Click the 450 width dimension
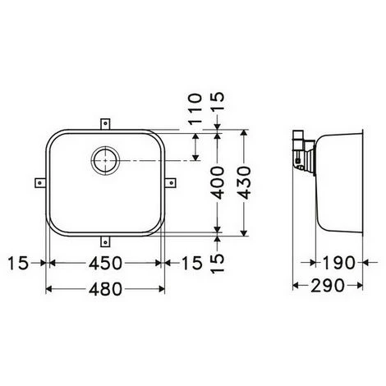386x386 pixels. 105,263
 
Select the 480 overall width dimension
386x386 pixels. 105,288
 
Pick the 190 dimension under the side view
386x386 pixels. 338,263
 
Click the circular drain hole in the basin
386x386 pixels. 104,162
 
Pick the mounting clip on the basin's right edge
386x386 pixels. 172,182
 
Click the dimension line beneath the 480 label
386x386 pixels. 105,301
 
